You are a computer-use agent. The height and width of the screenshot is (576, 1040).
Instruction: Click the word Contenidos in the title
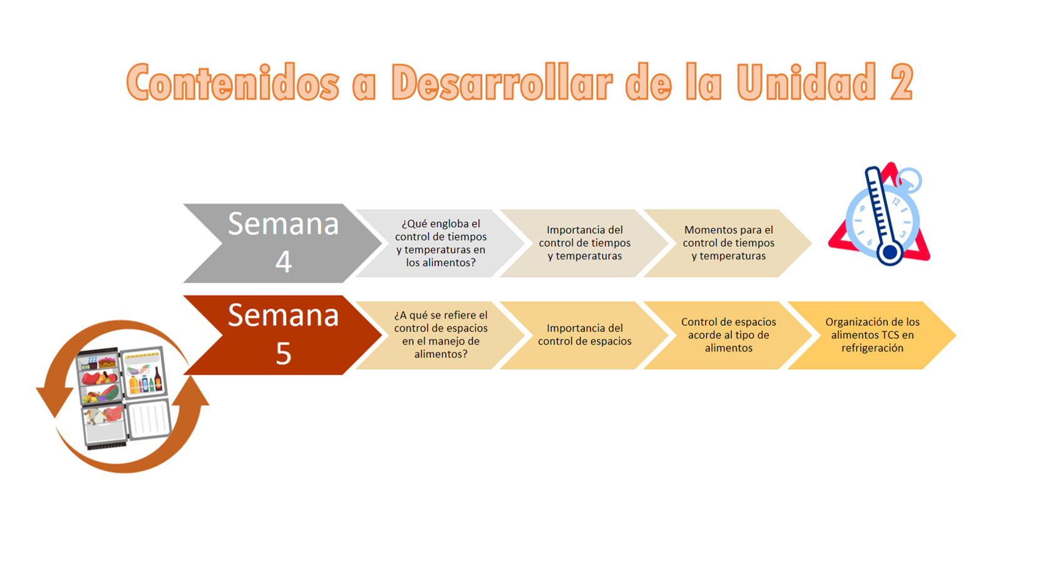(x=232, y=83)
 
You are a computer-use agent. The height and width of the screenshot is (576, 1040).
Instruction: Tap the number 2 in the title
(x=901, y=83)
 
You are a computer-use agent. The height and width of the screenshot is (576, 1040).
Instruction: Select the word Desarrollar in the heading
(x=501, y=83)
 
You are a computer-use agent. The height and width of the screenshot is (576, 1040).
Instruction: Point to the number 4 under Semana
(x=284, y=261)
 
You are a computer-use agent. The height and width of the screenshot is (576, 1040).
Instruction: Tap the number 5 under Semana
(x=284, y=353)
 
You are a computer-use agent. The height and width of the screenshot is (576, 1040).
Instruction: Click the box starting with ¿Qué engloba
(x=440, y=243)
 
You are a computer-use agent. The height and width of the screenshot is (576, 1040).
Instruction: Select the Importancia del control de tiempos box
(x=584, y=243)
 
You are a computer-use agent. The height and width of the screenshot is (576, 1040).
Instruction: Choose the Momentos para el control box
(x=728, y=243)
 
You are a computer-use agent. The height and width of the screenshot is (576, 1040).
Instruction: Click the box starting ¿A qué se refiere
(x=440, y=335)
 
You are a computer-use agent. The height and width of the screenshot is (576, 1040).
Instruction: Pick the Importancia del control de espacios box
(x=584, y=335)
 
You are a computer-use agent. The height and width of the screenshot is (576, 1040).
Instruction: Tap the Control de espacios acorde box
(x=728, y=335)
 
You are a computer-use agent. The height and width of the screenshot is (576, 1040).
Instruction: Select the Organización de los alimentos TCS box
(x=872, y=335)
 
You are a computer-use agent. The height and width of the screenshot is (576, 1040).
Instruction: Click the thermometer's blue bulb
(x=889, y=253)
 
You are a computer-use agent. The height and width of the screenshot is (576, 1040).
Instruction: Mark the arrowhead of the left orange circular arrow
(x=54, y=401)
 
